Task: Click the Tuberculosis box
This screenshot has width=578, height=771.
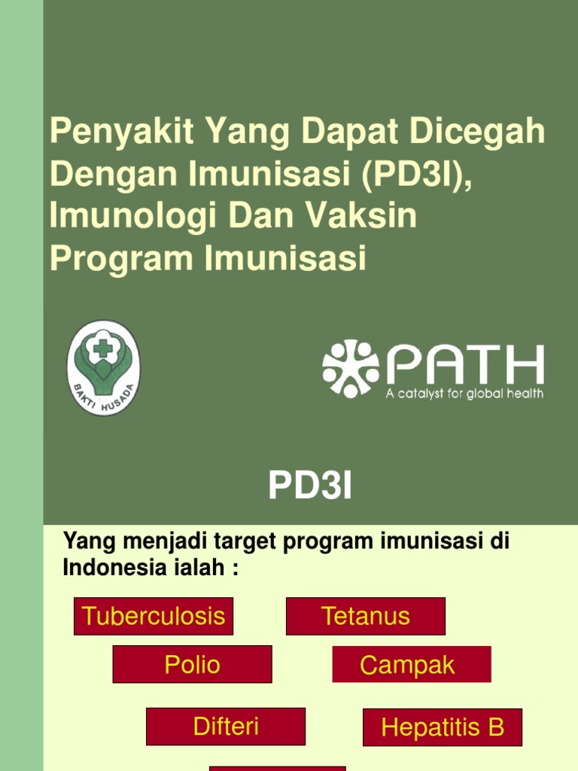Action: coord(154,616)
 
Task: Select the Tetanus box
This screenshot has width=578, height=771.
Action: coord(366,616)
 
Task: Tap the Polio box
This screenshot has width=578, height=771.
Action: coord(192,664)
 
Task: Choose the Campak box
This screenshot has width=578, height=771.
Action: coord(411,664)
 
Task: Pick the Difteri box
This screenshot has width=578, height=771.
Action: coord(226,727)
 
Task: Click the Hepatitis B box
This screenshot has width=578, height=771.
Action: coord(443,727)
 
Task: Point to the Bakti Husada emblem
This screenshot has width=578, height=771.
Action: coord(103,368)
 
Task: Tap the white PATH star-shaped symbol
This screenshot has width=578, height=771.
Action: coord(351,368)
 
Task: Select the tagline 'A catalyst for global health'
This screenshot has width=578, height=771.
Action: coord(465,394)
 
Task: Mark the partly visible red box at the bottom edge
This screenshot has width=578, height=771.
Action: coord(277,768)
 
